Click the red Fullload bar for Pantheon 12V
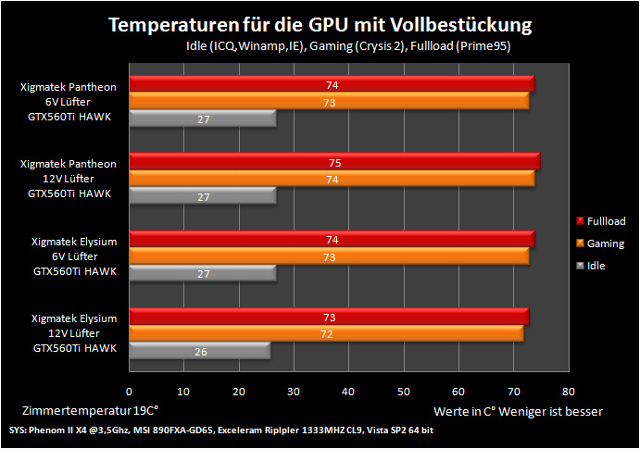coord(334,161)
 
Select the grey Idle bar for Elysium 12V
coord(200,351)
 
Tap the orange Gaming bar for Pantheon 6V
coord(330,101)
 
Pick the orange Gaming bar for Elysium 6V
coord(330,256)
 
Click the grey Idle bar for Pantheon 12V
coord(203,195)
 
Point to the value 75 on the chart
coord(334,163)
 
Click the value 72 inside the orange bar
coord(327,334)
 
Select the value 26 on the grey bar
coord(200,352)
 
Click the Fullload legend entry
coord(601,221)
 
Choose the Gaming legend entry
coord(600,243)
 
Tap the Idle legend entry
coord(591,266)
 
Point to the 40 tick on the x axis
coord(348,392)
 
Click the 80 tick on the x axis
coord(568,392)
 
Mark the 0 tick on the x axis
coord(129,392)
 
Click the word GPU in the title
coord(328,25)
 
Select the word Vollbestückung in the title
coord(461,25)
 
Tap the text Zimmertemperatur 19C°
coord(90,410)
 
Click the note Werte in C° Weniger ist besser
coord(518,411)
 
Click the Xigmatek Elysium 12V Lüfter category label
coord(75,333)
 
